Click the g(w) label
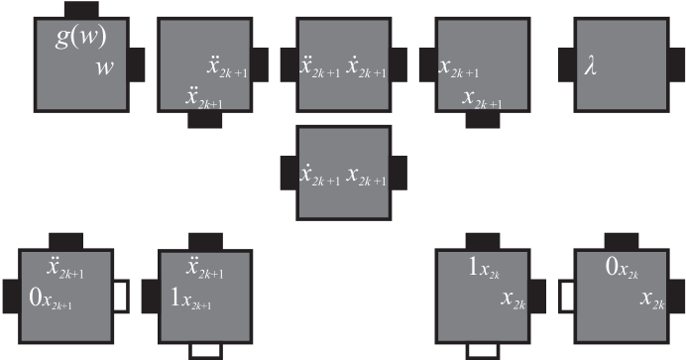[x=81, y=41]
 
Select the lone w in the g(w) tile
[x=105, y=68]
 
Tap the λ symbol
[x=591, y=70]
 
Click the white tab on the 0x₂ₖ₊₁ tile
[x=121, y=295]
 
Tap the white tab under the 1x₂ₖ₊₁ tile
[x=205, y=349]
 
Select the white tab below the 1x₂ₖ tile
[x=482, y=349]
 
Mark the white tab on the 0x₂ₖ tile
[x=568, y=295]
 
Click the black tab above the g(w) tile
[x=79, y=8]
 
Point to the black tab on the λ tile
[x=568, y=65]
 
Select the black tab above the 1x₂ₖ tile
[x=483, y=241]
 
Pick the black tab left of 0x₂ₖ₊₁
[x=9, y=295]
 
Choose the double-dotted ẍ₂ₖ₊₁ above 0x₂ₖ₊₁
[x=66, y=268]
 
